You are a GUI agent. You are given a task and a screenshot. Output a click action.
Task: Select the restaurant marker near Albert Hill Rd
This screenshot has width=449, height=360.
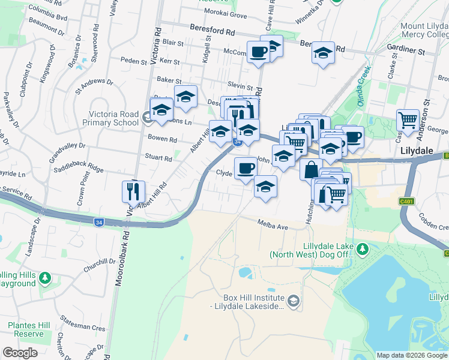tap(133, 191)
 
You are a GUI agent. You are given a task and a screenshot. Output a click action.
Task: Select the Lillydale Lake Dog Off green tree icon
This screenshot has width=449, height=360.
tap(361, 248)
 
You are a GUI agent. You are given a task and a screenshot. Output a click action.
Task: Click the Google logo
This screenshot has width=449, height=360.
tap(20, 352)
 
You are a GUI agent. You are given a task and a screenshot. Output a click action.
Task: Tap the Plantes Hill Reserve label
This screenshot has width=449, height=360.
tap(26, 329)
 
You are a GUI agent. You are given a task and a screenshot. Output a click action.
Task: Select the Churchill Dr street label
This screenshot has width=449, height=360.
tap(99, 261)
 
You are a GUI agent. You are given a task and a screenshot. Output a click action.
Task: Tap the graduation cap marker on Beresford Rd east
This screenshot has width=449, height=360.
tap(323, 53)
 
